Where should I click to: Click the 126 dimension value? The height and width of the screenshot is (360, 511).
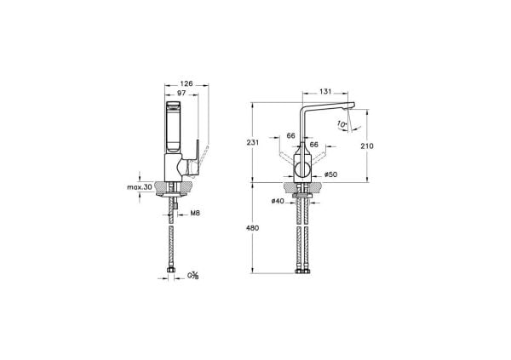[187, 83]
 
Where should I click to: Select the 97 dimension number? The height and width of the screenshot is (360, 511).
[181, 93]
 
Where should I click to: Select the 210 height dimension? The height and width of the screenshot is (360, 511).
[366, 146]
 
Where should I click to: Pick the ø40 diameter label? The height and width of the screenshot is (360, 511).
[278, 201]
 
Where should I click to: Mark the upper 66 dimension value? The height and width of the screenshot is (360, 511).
[290, 136]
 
